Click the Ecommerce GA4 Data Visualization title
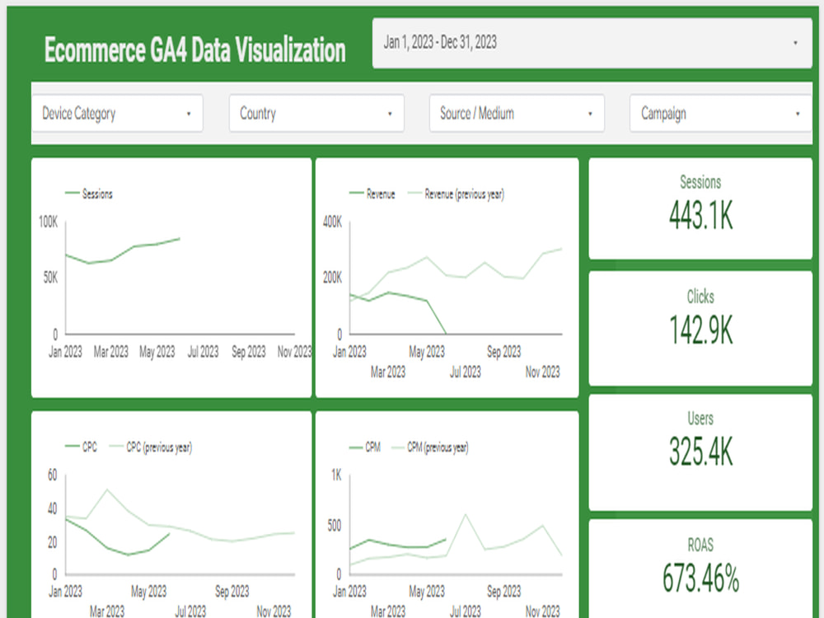click(194, 50)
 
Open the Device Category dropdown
click(116, 114)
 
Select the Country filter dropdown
click(316, 114)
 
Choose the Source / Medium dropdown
click(517, 114)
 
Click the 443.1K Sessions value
click(700, 216)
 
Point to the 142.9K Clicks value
click(700, 330)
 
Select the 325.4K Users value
click(700, 452)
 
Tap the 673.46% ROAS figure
click(700, 578)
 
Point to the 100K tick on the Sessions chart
click(48, 222)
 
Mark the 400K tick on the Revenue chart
click(331, 222)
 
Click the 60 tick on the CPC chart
click(52, 475)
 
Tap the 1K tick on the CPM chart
click(336, 475)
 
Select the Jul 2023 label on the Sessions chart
click(203, 352)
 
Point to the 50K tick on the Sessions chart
click(50, 279)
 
